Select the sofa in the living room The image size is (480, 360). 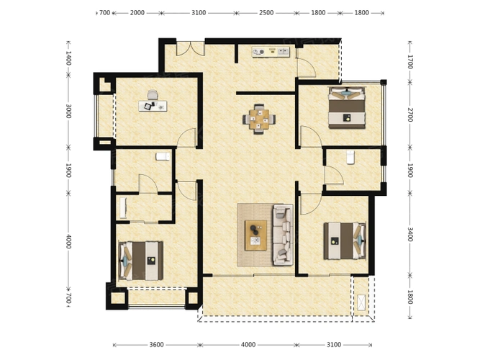(282, 235)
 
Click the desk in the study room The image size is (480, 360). (153, 105)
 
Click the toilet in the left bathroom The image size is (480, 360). (163, 156)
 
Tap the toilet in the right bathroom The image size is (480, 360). (349, 156)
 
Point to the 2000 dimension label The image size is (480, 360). (137, 13)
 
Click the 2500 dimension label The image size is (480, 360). (266, 13)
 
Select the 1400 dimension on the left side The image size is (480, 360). (68, 58)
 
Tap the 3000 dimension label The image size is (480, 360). (68, 112)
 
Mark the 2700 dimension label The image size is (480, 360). (409, 114)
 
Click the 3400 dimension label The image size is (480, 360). (409, 235)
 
